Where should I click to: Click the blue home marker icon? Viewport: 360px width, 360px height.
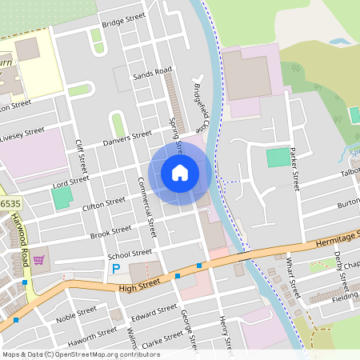[180, 172]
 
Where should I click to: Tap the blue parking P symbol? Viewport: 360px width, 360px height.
[116, 270]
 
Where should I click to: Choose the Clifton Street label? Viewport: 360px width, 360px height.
[104, 206]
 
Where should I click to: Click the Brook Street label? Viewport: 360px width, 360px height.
[110, 233]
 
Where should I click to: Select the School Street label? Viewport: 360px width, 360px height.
[130, 254]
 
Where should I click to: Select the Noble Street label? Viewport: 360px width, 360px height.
[77, 314]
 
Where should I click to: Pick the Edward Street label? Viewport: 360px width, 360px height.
[154, 313]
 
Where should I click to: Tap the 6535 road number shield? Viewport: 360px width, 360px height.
[10, 204]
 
